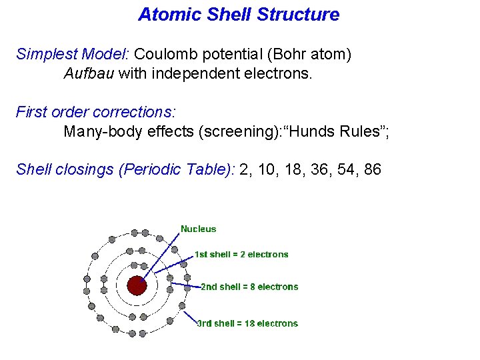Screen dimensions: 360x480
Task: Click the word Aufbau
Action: point(89,73)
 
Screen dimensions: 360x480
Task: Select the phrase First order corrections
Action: point(95,112)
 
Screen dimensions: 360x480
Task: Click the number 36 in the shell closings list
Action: point(316,169)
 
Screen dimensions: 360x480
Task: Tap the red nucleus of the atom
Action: point(137,286)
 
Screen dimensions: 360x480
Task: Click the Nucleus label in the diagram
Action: point(198,229)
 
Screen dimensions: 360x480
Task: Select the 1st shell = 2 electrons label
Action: point(241,254)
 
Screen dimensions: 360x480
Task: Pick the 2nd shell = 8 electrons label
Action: point(249,287)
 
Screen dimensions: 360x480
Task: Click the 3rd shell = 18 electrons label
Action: point(247,323)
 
